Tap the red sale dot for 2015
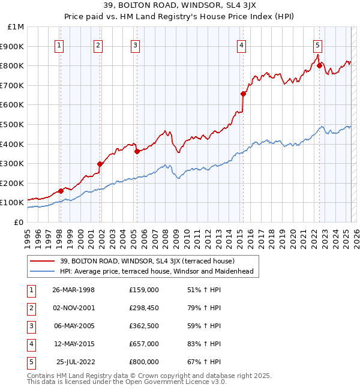point(243,94)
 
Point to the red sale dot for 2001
point(100,164)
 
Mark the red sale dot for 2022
point(319,65)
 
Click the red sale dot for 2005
point(137,151)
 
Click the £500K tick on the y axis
point(13,124)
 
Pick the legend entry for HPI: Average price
point(157,271)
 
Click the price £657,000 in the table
point(144,344)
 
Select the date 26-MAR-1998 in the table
point(73,290)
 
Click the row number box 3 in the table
point(31,326)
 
